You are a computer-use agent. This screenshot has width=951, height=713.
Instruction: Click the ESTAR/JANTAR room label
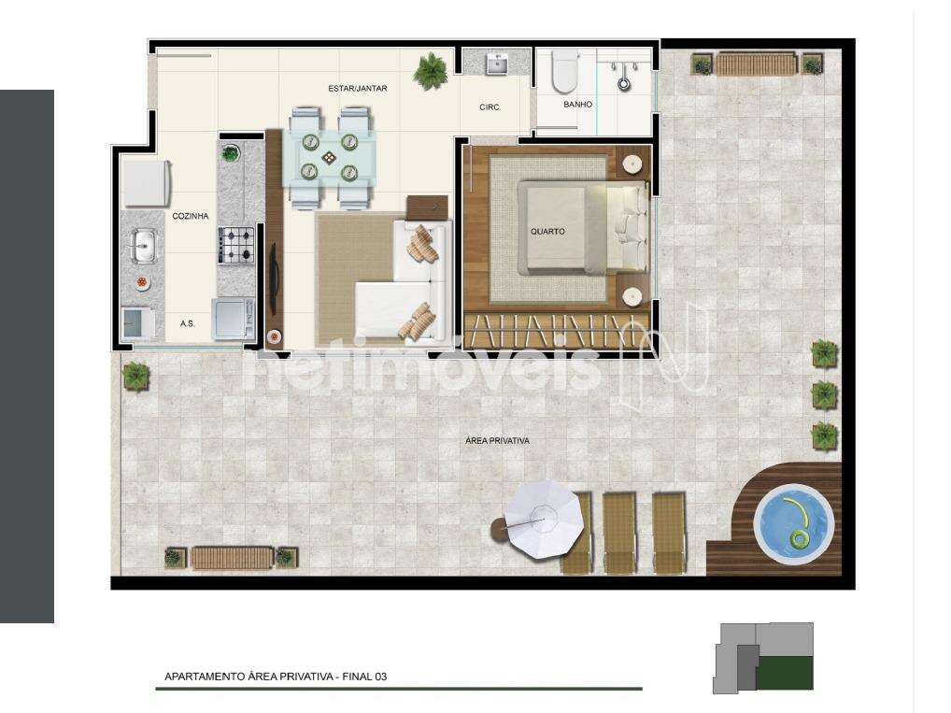pos(357,89)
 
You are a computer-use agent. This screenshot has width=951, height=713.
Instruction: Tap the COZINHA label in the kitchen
pos(191,216)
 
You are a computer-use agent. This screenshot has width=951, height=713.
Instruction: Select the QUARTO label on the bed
pos(547,231)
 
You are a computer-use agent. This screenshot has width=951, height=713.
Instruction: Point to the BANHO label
pos(577,105)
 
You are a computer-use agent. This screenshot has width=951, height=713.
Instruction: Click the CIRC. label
pos(490,107)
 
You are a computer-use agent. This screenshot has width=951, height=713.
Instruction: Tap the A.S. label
pos(188,323)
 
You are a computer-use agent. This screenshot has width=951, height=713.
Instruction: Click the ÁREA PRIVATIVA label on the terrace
pos(497,440)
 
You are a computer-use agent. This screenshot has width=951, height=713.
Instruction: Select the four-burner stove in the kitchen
pos(236,245)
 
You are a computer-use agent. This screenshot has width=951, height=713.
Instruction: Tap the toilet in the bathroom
pos(564,70)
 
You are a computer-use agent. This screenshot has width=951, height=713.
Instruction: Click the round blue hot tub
pos(794,524)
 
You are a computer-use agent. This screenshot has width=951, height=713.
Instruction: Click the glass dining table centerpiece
pos(329,158)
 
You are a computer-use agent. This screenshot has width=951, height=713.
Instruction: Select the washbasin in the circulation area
pos(497,63)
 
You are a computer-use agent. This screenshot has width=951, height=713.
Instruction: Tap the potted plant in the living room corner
pos(431,71)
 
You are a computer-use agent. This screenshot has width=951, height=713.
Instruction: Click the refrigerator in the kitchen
pos(147,182)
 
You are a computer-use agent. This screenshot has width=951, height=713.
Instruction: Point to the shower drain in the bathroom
pos(624,83)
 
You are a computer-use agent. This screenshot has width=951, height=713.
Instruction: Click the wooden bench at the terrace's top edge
pos(757,64)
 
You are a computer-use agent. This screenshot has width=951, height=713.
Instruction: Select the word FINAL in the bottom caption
pos(357,677)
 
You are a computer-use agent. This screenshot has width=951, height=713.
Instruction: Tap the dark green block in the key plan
pos(785,672)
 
